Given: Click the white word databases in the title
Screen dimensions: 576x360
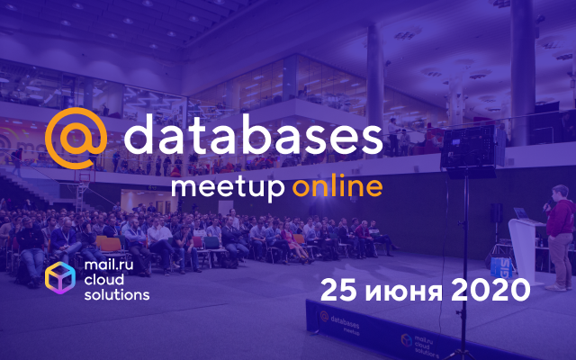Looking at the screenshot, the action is click(x=253, y=134).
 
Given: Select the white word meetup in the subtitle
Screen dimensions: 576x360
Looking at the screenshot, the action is click(x=228, y=189).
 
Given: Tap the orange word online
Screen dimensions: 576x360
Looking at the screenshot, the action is click(x=337, y=186).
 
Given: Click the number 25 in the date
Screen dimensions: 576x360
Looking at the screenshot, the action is click(x=338, y=290).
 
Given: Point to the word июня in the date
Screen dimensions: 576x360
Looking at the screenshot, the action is click(x=403, y=292).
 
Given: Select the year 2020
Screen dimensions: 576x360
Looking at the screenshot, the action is click(x=490, y=290).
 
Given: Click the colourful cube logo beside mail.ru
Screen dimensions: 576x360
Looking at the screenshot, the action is click(x=60, y=278).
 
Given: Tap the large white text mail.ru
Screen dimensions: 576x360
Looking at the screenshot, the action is click(x=109, y=265).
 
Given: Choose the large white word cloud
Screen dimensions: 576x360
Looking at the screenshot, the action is click(x=104, y=280).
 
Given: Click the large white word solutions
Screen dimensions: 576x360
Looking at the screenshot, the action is click(x=117, y=294).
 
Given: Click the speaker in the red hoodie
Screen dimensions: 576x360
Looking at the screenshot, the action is click(x=560, y=238).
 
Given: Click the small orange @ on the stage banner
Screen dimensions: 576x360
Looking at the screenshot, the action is click(x=324, y=316).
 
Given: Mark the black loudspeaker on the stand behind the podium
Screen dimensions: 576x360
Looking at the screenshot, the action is click(x=496, y=212).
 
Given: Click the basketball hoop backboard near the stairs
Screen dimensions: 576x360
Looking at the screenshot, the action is click(x=85, y=177).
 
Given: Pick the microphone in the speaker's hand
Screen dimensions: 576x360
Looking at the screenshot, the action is click(x=547, y=204).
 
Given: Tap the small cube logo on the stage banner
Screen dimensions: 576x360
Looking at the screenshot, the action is click(x=407, y=340).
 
